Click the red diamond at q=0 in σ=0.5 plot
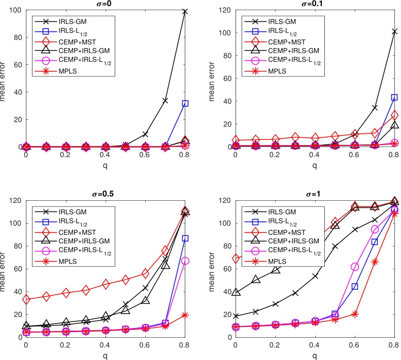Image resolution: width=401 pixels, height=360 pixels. point(26,300)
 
